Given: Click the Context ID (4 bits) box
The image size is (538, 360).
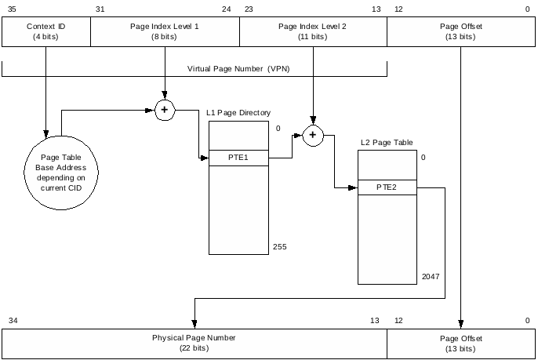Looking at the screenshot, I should point(46,31).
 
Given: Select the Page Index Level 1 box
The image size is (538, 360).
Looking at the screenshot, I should point(165,31).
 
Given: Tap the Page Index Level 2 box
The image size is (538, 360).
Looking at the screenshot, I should point(313,31).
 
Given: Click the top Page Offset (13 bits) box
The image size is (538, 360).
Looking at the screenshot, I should point(461,31).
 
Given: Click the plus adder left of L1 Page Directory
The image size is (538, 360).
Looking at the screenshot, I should point(165,110).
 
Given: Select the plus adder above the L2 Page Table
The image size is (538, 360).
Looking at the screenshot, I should point(313,136).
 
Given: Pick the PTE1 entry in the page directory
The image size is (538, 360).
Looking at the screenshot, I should point(238,158).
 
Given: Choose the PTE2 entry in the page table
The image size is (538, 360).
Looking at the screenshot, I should point(387,187).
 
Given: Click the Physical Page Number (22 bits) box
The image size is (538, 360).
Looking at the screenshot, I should point(194,344).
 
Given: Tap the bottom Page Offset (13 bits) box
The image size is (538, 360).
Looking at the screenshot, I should point(461,344).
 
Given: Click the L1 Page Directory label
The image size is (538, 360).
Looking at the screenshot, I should point(238,113).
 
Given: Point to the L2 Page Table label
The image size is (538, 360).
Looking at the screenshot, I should point(387,143).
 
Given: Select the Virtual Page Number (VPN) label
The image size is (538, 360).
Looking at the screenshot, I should point(238,69).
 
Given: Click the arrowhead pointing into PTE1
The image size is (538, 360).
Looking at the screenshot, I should point(205,158).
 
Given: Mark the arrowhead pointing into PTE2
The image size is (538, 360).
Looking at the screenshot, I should point(354,187).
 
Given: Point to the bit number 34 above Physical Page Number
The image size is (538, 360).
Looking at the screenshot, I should point(13,320).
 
